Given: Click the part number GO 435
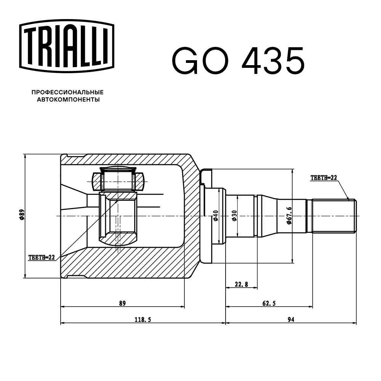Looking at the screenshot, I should [x=238, y=61].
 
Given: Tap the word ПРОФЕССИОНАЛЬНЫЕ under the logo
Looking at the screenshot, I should [x=67, y=92].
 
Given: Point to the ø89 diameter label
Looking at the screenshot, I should [x=22, y=216].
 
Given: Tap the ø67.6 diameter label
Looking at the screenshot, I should [x=289, y=216].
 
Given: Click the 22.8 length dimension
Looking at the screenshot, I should [x=241, y=284].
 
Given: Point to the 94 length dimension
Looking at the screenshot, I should [x=291, y=320].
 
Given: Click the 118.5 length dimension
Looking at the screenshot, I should [x=143, y=320].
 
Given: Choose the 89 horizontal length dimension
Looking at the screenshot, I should [x=122, y=303].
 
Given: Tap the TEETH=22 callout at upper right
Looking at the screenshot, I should [x=324, y=178].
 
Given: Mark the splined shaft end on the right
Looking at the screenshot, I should [x=334, y=216].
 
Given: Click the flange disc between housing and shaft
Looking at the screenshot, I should [x=206, y=216].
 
